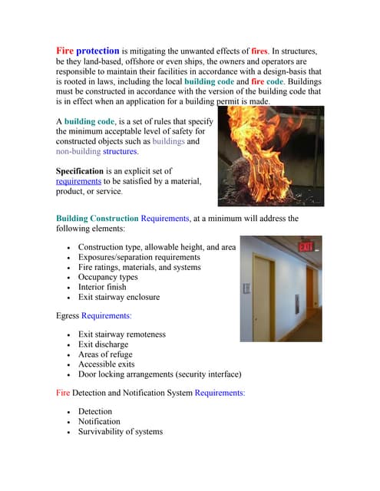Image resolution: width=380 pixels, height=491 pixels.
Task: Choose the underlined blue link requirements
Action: point(79,181)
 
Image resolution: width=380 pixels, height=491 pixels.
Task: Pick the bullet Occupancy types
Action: point(108,277)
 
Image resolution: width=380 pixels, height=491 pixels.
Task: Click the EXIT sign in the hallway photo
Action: point(306,246)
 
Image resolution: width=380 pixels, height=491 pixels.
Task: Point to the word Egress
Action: point(68,315)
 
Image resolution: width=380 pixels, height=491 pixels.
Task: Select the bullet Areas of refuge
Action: point(105,354)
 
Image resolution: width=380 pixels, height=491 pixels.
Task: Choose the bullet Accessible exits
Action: point(107,364)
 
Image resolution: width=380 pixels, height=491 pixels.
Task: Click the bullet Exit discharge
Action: point(104,344)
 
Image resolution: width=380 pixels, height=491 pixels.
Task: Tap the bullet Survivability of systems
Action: point(121,431)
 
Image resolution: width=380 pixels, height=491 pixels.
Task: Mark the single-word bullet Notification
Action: point(99,421)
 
